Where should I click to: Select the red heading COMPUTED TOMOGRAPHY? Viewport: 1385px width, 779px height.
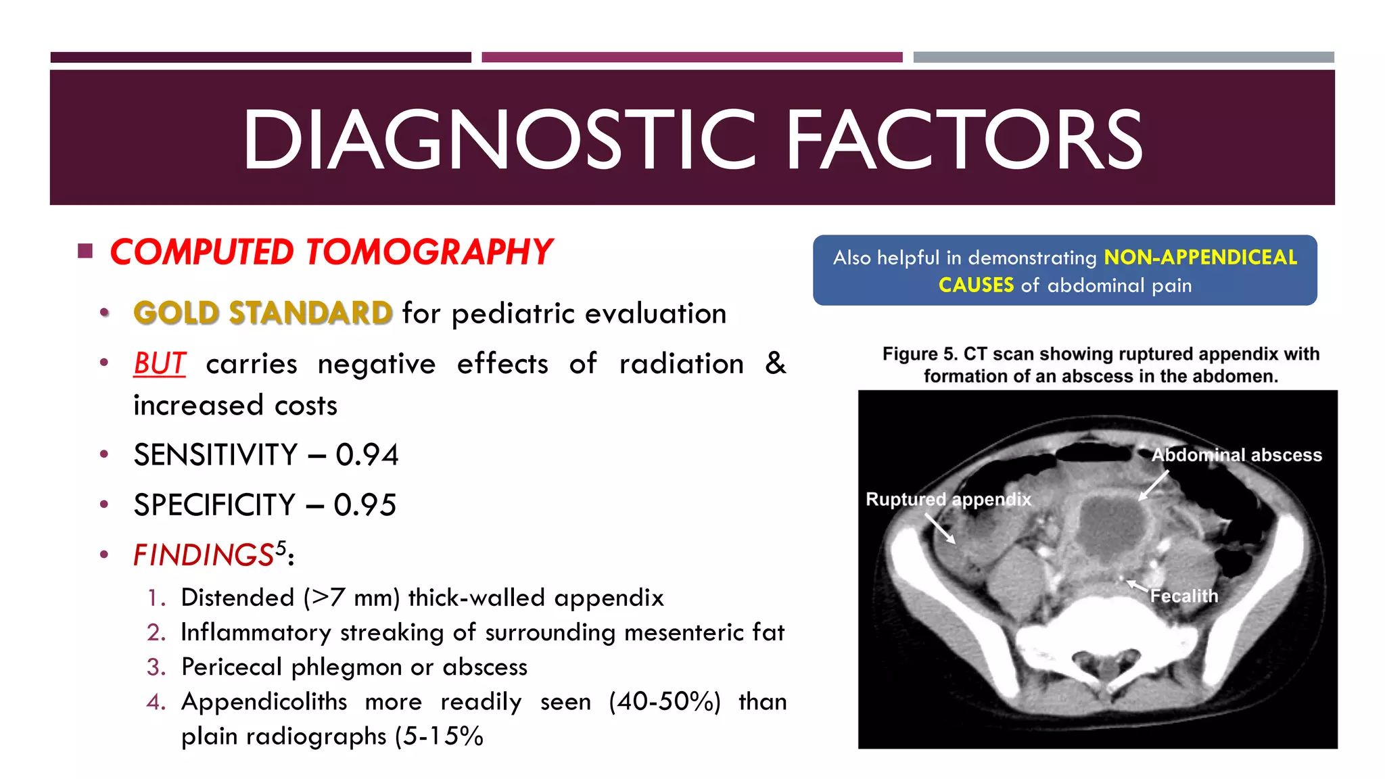pyautogui.click(x=331, y=252)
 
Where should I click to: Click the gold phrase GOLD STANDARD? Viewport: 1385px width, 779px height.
pyautogui.click(x=262, y=313)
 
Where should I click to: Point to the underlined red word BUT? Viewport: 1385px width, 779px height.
pyautogui.click(x=159, y=364)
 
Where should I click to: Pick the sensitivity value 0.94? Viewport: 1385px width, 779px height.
pyautogui.click(x=367, y=455)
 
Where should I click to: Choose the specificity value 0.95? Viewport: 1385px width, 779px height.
pyautogui.click(x=365, y=505)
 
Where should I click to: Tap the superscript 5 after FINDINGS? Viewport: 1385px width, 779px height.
pyautogui.click(x=281, y=546)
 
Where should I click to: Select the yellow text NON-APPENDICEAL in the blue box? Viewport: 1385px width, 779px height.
pyautogui.click(x=1200, y=258)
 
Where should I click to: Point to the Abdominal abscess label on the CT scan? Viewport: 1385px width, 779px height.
pyautogui.click(x=1237, y=455)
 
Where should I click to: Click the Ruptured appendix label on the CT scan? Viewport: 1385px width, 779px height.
pyautogui.click(x=948, y=500)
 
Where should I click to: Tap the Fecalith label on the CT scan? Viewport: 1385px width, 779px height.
pyautogui.click(x=1184, y=596)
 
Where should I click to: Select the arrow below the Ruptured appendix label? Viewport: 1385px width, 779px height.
pyautogui.click(x=940, y=529)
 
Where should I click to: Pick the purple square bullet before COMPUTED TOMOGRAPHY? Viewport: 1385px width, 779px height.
pyautogui.click(x=85, y=252)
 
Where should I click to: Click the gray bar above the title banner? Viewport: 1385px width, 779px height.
pyautogui.click(x=1123, y=57)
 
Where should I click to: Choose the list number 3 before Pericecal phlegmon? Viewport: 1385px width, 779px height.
pyautogui.click(x=156, y=667)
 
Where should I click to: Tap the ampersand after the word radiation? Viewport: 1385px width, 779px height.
pyautogui.click(x=775, y=364)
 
